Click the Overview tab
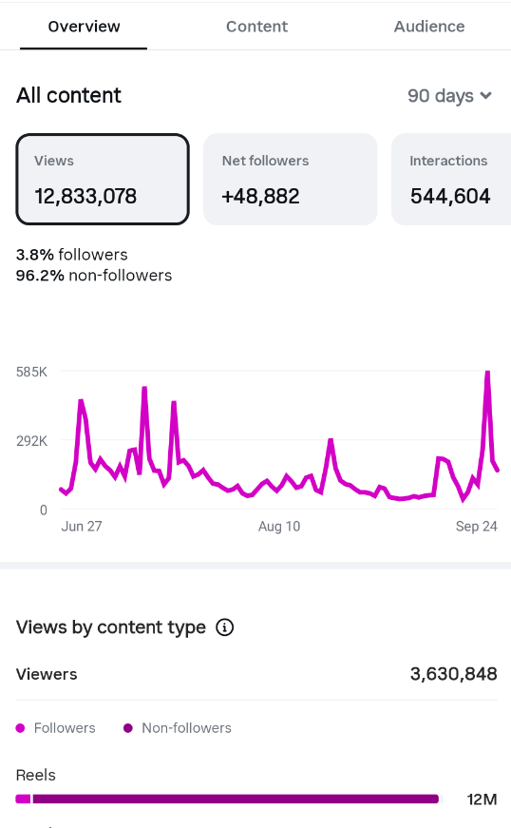84,27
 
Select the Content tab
256,27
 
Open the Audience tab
429,27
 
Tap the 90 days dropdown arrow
486,96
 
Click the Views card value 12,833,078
85,197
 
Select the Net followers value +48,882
260,197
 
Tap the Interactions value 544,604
450,197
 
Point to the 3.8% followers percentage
35,255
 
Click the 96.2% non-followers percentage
40,275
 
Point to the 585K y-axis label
31,372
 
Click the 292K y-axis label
31,440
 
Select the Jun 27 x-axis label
82,526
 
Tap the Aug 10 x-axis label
279,526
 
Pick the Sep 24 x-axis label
477,526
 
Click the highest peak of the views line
488,373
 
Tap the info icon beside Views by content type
225,627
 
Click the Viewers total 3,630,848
453,674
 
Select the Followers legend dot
21,728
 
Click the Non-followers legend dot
127,728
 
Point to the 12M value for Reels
482,799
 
